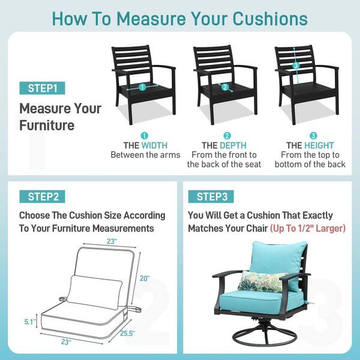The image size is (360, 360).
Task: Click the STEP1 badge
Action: pyautogui.click(x=42, y=88)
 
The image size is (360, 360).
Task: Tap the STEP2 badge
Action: pyautogui.click(x=42, y=197)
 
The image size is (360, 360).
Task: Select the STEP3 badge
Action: pyautogui.click(x=211, y=197)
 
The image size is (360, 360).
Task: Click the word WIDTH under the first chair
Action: pyautogui.click(x=155, y=145)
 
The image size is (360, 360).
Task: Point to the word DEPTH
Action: pyautogui.click(x=233, y=145)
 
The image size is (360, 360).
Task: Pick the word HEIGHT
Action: pyautogui.click(x=319, y=145)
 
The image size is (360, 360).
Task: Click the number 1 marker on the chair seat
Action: pyautogui.click(x=142, y=87)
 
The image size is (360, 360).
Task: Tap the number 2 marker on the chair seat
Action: pyautogui.click(x=225, y=87)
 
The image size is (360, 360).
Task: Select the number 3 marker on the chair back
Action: pyautogui.click(x=296, y=65)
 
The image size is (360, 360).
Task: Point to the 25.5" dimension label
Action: pyautogui.click(x=127, y=333)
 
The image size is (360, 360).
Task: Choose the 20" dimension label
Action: pyautogui.click(x=145, y=278)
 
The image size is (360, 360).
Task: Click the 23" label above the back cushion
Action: pyautogui.click(x=112, y=242)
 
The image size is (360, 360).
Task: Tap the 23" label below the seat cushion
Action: pyautogui.click(x=66, y=342)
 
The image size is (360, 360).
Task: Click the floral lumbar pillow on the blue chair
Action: pyautogui.click(x=262, y=281)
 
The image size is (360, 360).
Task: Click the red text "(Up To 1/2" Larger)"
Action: pyautogui.click(x=308, y=229)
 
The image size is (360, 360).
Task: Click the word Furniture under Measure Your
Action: pyautogui.click(x=47, y=125)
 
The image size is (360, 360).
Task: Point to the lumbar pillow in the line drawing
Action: pyautogui.click(x=94, y=293)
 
